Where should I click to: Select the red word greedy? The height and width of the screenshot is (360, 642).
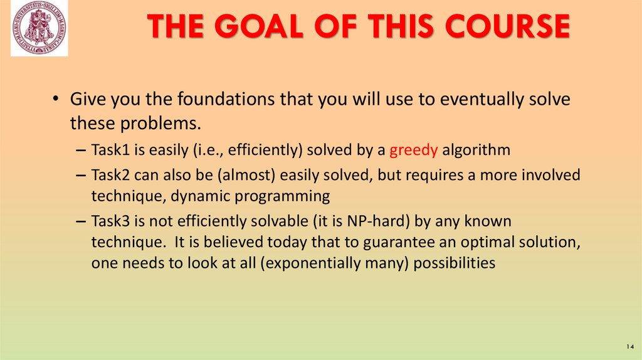[x=414, y=150]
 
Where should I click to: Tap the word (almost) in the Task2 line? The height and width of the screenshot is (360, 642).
[x=242, y=174]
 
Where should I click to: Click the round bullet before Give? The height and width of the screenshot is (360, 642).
[x=56, y=100]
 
